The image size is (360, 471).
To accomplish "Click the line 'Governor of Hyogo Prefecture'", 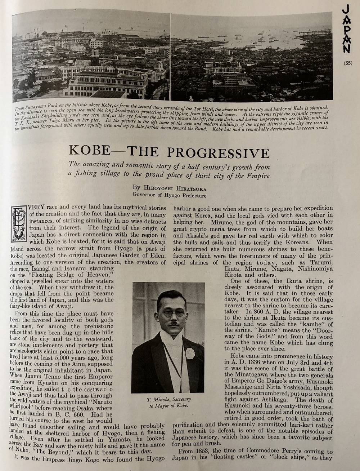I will [x=169, y=195].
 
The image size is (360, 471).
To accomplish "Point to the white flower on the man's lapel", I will [x=190, y=353].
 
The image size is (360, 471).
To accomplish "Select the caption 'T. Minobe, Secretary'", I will [x=168, y=400].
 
